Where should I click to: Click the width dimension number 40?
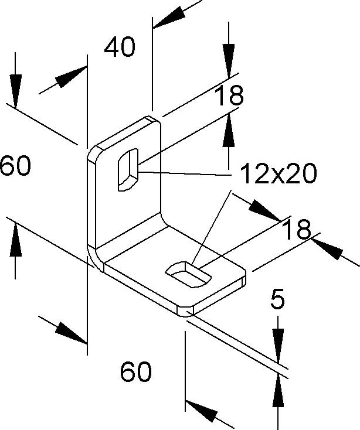coord(120,47)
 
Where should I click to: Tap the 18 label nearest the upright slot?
coord(229,95)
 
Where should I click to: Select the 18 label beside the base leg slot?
coord(297,230)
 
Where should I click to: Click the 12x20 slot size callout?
coord(279,173)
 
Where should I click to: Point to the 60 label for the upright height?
coord(15,165)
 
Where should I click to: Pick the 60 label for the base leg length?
coord(136,371)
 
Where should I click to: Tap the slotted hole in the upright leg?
coord(128,170)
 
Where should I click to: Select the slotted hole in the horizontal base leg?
coord(189,274)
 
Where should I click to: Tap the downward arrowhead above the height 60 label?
coord(15,91)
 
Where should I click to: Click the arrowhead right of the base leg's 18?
coord(327,249)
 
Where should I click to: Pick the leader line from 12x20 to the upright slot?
coord(184,173)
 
